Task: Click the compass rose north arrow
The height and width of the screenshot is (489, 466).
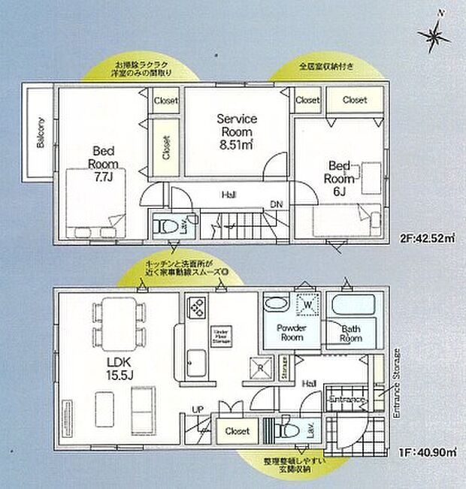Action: [437, 31]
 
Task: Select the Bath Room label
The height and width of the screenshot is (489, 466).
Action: [351, 334]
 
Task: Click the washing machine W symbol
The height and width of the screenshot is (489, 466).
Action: [307, 306]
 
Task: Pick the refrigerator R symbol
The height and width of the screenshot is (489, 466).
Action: [260, 368]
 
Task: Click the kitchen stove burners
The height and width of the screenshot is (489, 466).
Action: [196, 308]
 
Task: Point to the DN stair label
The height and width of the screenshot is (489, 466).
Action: [276, 204]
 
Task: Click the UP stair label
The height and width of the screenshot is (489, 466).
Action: [198, 410]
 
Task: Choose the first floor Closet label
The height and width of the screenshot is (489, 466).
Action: [237, 431]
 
